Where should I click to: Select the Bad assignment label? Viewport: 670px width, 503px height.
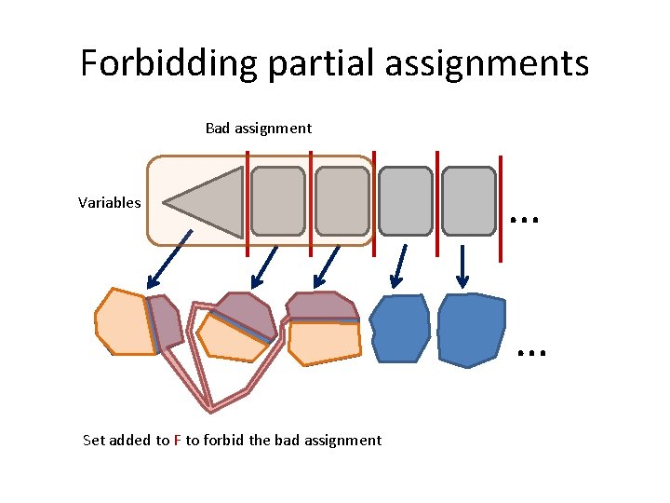click(x=258, y=128)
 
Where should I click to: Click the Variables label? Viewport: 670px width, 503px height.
click(x=109, y=202)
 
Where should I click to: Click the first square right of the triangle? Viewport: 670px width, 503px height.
click(x=278, y=200)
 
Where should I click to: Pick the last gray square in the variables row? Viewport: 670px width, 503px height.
click(x=468, y=200)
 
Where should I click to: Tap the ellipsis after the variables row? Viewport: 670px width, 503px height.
click(x=525, y=216)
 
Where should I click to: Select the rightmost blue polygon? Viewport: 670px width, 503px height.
click(x=471, y=329)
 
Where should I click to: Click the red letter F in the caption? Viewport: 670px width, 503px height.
click(x=177, y=441)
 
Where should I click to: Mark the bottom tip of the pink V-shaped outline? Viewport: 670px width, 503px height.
click(x=211, y=407)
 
